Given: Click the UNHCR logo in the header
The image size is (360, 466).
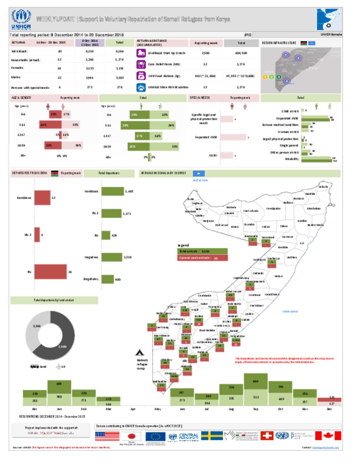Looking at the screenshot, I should pos(21,19).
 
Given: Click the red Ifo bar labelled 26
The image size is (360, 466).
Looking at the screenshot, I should pos(50,272).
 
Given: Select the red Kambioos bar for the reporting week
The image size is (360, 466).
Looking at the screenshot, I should pos(42,198).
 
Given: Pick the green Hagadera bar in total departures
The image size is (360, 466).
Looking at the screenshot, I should pos(112,257).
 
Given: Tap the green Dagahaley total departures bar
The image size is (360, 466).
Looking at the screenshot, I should pos(108,279).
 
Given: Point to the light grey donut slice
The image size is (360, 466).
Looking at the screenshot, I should pos(33,331).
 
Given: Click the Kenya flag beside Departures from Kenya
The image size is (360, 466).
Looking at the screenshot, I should pos(54,173).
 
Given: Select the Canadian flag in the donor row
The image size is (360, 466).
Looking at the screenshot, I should pos(328,436).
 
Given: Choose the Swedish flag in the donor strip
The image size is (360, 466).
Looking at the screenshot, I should pos(212,436).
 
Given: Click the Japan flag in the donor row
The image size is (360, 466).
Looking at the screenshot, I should pos(131,436).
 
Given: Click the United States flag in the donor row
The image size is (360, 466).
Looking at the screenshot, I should pos(107,436).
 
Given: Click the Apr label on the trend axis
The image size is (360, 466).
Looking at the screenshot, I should pos(133,409).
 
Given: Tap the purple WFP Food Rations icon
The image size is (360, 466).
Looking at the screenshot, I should pos(141,76).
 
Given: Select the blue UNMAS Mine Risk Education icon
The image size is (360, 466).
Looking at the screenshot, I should pos(141,87).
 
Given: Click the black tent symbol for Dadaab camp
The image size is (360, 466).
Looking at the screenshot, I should pos(140,352).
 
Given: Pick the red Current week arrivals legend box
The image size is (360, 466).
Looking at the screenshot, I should pos(203,258).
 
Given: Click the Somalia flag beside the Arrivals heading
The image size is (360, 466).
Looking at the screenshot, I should pos(199,173).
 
